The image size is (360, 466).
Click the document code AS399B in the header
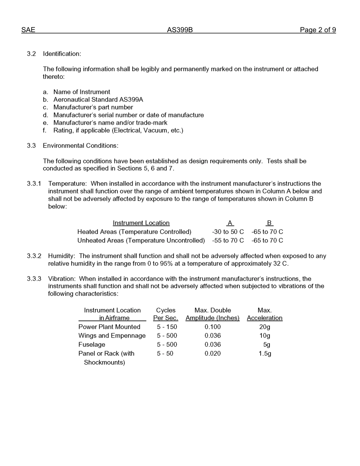[180, 30]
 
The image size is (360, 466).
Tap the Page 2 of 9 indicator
[318, 30]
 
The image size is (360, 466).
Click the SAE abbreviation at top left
[28, 30]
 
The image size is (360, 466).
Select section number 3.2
[31, 54]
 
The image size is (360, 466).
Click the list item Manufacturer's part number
[93, 107]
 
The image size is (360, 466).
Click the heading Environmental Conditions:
[80, 145]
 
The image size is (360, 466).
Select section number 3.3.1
[34, 184]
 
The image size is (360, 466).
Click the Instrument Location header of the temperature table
[141, 223]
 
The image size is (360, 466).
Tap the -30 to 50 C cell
[228, 231]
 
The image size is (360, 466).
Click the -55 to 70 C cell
[228, 241]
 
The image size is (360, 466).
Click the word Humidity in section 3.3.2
[61, 256]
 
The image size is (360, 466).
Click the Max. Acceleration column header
[265, 314]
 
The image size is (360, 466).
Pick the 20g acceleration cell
[265, 327]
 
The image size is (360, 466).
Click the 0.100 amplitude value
[213, 327]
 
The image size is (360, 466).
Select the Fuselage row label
[92, 345]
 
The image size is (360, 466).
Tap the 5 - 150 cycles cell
[167, 327]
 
